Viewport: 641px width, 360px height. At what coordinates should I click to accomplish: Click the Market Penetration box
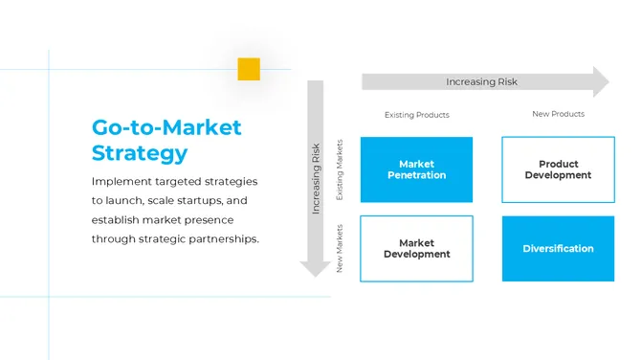pyautogui.click(x=416, y=169)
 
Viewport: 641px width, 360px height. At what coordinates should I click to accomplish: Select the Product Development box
pyautogui.click(x=558, y=169)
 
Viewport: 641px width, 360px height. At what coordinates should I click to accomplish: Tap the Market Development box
pyautogui.click(x=416, y=248)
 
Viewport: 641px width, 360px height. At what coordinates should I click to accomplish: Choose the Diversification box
pyautogui.click(x=558, y=248)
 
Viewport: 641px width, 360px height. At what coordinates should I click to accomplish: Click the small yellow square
pyautogui.click(x=249, y=69)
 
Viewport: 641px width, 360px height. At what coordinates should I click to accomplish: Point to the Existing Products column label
pyautogui.click(x=416, y=115)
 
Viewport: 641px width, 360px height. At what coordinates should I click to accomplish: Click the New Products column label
pyautogui.click(x=558, y=114)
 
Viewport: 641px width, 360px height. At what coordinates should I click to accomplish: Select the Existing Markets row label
pyautogui.click(x=339, y=169)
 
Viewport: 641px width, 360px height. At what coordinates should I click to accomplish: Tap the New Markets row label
pyautogui.click(x=339, y=249)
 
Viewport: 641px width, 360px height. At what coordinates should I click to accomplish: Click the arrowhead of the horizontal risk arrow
pyautogui.click(x=600, y=82)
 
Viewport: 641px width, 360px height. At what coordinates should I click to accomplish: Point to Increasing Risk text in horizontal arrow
pyautogui.click(x=481, y=82)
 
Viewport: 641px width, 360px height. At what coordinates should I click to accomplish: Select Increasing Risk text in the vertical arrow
pyautogui.click(x=316, y=179)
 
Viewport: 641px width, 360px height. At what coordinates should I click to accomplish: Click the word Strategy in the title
pyautogui.click(x=140, y=152)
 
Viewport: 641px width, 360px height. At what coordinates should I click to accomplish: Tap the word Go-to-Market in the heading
pyautogui.click(x=166, y=127)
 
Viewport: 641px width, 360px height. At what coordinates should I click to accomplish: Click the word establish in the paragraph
pyautogui.click(x=117, y=219)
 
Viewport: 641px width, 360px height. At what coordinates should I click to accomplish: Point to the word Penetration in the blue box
pyautogui.click(x=416, y=175)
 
